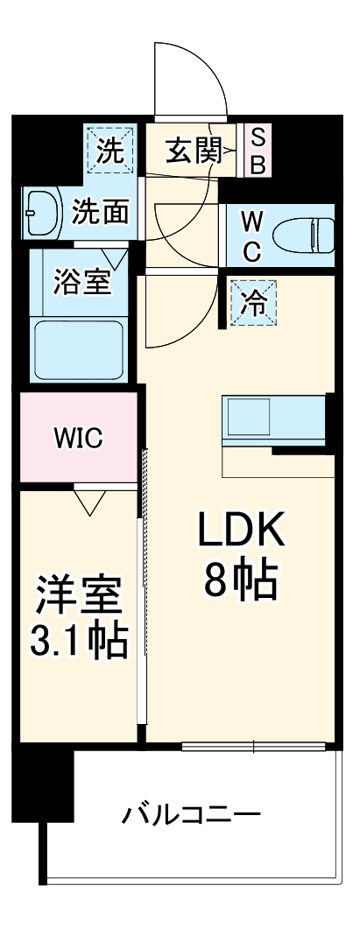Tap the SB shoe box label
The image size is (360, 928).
(258, 150)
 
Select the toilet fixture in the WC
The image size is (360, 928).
(303, 235)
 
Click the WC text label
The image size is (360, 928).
(251, 235)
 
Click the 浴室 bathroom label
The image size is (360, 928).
(81, 283)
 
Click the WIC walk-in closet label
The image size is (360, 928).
(78, 438)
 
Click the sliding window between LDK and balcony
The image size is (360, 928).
(254, 747)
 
